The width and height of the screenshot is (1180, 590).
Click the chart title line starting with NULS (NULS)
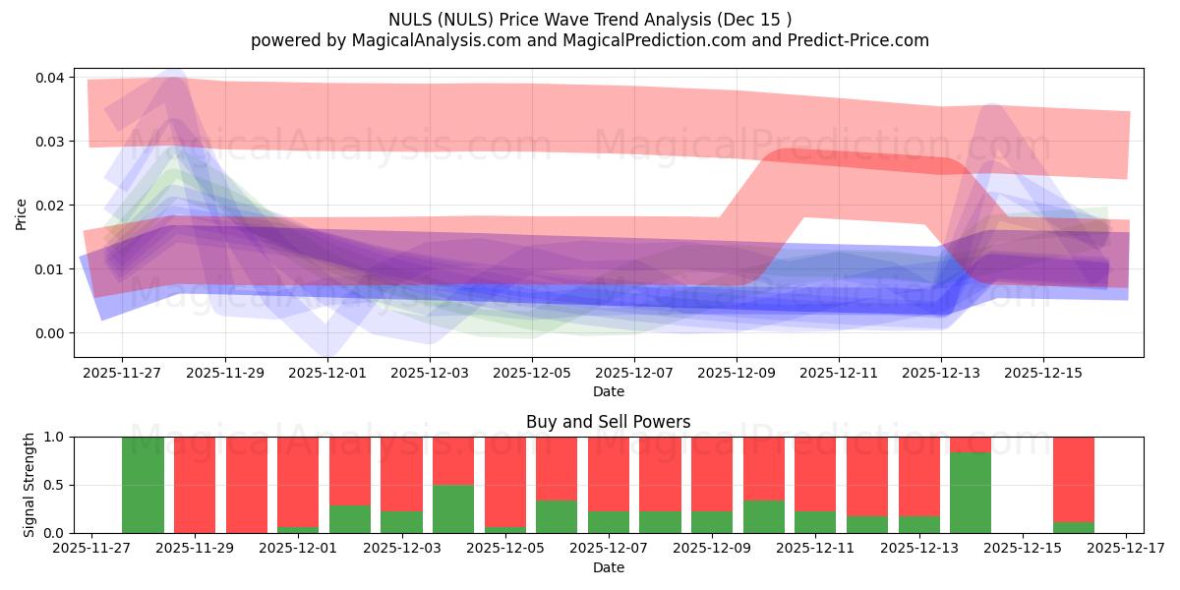click(x=589, y=19)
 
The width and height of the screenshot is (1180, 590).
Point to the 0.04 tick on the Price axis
click(x=50, y=78)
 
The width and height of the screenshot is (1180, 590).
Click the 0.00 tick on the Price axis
click(x=50, y=333)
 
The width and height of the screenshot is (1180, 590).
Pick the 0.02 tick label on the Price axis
click(x=50, y=206)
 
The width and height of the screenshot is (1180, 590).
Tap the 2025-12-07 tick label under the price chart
click(x=634, y=374)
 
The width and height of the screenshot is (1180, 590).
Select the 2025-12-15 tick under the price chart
click(x=1043, y=374)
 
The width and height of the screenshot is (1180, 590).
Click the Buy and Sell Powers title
click(x=608, y=422)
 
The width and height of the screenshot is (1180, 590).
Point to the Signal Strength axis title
click(x=29, y=485)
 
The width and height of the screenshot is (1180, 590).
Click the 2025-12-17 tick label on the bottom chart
click(x=1126, y=548)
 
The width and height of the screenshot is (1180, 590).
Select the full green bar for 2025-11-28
click(x=143, y=485)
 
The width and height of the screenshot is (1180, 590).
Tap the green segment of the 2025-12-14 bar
click(x=971, y=493)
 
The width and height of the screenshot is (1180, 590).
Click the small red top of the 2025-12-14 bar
click(x=971, y=444)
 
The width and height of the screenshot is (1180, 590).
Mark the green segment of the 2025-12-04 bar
click(x=453, y=508)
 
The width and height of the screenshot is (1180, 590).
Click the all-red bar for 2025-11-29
click(x=195, y=485)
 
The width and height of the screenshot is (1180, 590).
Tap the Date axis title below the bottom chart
click(x=608, y=567)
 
